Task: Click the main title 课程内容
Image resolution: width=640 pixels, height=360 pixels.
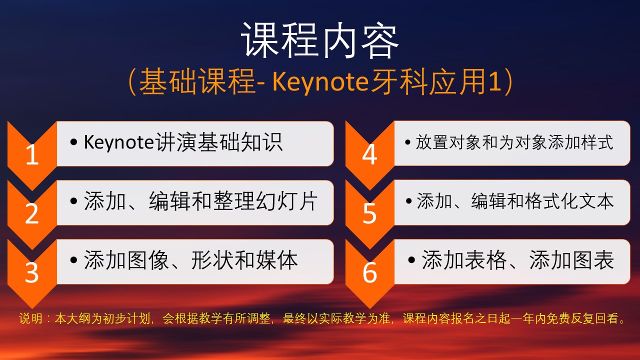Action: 319,40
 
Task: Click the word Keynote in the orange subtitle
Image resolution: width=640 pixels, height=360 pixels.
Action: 320,82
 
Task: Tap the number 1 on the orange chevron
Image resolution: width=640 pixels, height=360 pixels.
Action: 32,154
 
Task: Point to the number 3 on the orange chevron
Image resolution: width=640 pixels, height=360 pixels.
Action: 31,272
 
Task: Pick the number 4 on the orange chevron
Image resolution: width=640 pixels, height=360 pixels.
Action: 369,154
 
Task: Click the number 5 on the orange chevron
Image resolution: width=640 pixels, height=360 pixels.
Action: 369,213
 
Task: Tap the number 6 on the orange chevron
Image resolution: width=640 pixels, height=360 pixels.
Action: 369,272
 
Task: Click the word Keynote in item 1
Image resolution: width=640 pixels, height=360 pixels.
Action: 119,142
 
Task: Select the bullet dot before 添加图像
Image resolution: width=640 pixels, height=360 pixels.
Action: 73,260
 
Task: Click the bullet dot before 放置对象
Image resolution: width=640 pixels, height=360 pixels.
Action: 407,142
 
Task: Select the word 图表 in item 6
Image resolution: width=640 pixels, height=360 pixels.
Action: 593,260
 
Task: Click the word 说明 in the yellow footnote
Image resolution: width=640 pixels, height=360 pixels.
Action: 31,318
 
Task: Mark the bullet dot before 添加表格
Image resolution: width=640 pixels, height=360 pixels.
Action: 411,260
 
